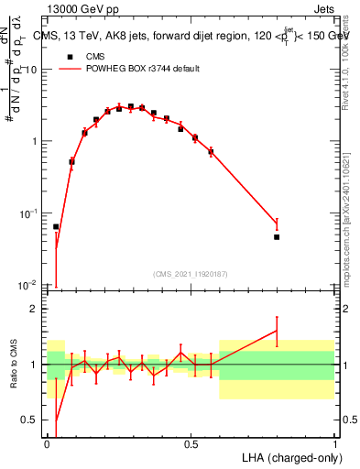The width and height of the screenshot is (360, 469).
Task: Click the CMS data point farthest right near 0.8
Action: pyautogui.click(x=277, y=237)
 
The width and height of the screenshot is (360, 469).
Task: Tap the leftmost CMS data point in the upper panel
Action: pyautogui.click(x=56, y=226)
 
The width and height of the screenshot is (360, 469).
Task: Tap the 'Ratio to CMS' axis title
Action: pyautogui.click(x=14, y=365)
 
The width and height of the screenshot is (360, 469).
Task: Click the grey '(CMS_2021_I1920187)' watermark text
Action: pyautogui.click(x=190, y=273)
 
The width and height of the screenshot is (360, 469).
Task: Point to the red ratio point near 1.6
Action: pyautogui.click(x=277, y=332)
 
